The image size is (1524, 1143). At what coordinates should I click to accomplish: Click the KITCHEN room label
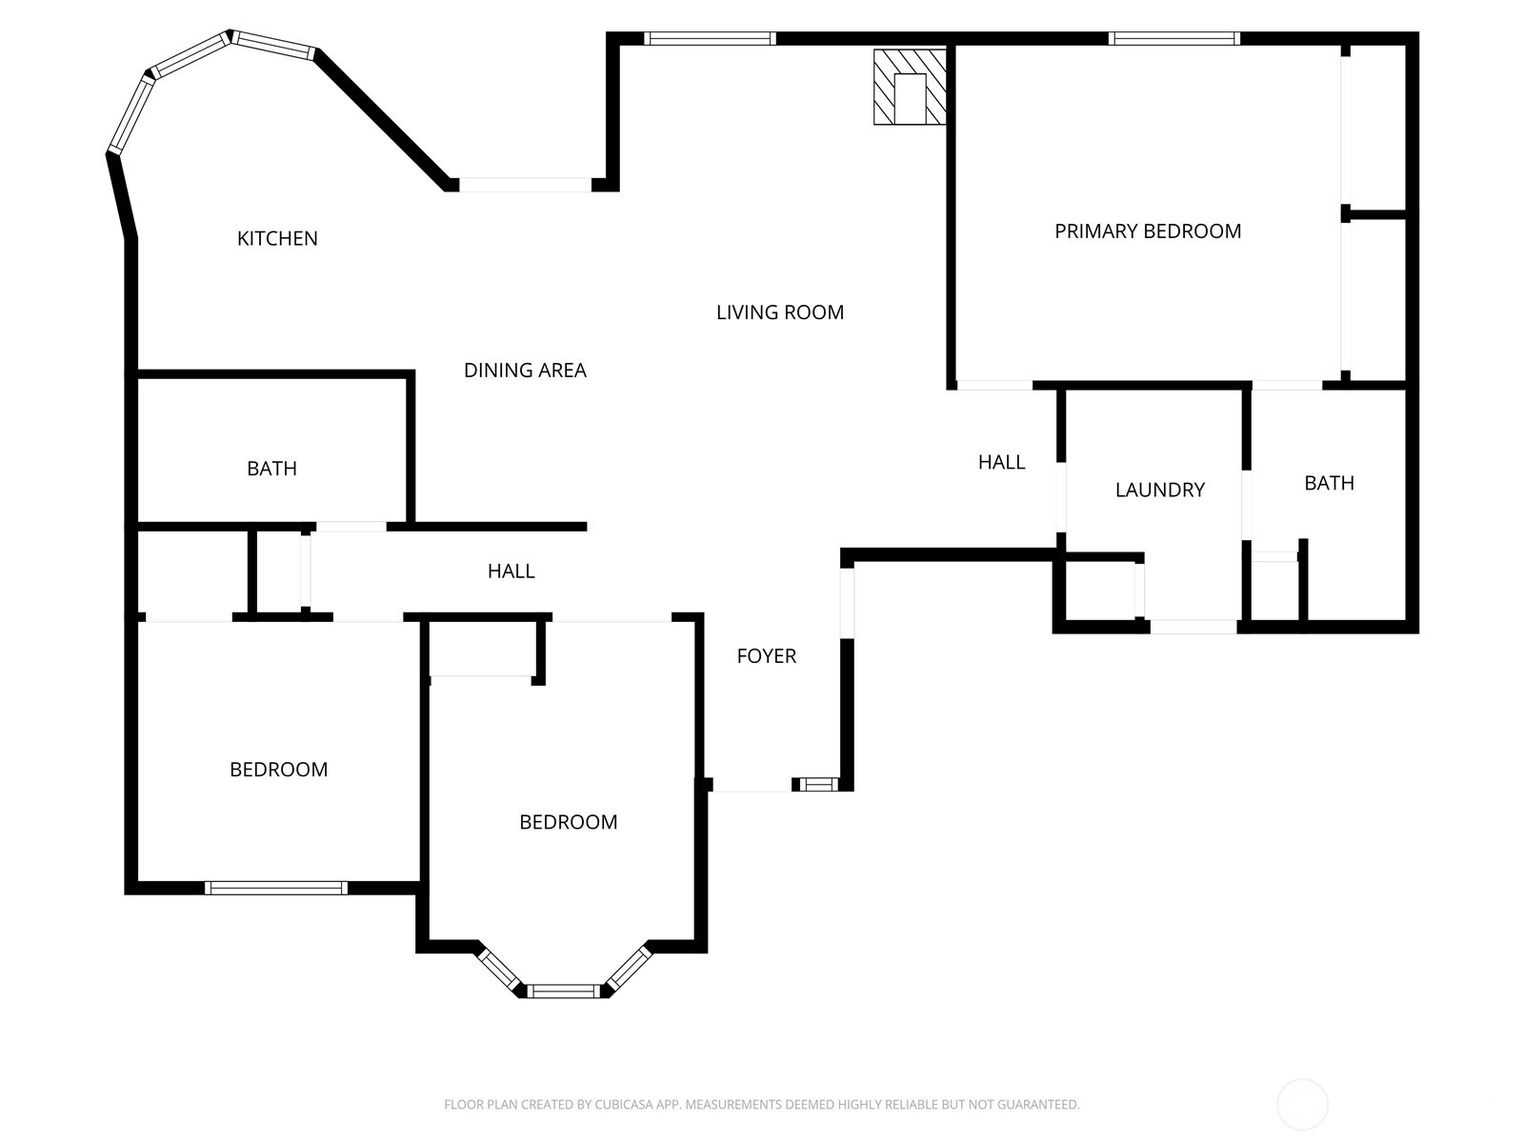pos(277,238)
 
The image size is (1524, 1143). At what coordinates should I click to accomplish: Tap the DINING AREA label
pos(525,371)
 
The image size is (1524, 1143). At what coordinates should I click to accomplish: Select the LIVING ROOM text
pos(780,312)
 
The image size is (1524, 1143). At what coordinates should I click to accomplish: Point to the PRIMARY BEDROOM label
pos(1148,231)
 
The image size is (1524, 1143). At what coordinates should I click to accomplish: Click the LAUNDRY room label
pos(1159,490)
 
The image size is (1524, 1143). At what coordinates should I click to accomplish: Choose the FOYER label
pos(766,655)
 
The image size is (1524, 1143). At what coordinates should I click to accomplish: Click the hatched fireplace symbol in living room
pos(910,87)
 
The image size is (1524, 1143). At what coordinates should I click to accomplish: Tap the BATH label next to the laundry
pos(1329,483)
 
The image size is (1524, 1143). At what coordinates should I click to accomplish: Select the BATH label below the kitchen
pos(271,469)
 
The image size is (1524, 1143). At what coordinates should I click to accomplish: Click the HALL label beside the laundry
pos(1001,462)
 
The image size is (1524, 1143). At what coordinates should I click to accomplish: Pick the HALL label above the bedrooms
pos(511,571)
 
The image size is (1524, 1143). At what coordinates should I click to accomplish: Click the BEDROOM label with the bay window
pos(568,822)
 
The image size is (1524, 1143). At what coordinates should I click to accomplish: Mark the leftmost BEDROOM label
pos(278,770)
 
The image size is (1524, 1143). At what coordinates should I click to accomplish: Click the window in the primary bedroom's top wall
pos(1173,39)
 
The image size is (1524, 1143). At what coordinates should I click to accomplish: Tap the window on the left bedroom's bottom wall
pos(275,888)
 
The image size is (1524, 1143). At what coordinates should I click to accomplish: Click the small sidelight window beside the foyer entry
pos(817,785)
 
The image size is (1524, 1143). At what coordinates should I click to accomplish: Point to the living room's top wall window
pos(710,39)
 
